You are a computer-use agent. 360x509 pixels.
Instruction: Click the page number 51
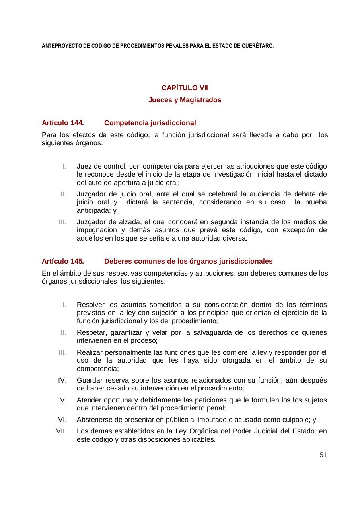tap(323, 455)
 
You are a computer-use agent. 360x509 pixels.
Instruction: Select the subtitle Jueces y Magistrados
tap(185, 100)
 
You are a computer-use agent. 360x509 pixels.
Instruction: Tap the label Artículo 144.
tap(62, 123)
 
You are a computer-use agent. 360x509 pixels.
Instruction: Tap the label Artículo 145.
tap(62, 261)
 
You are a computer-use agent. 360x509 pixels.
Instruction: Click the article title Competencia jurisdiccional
tap(150, 123)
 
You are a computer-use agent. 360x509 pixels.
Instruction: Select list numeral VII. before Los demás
tap(62, 431)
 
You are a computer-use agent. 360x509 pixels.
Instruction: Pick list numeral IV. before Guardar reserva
tap(62, 380)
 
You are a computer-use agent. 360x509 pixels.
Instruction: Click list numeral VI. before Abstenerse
tap(62, 420)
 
